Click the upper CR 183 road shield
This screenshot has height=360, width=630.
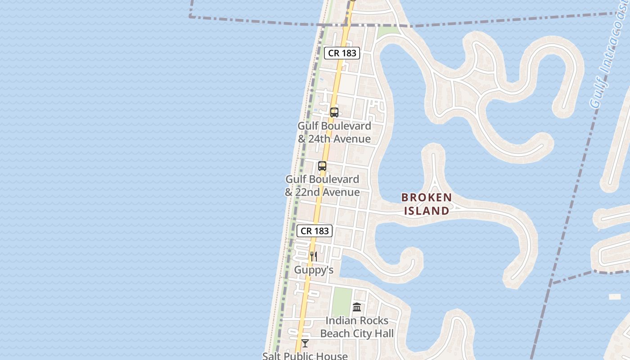(x=342, y=53)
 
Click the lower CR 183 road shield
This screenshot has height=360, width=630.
(x=315, y=231)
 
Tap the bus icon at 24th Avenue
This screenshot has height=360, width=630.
(x=334, y=112)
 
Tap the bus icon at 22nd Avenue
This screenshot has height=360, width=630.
(x=322, y=166)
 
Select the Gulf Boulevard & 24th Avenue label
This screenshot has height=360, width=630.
(x=334, y=132)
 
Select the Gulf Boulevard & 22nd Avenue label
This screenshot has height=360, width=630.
(x=322, y=186)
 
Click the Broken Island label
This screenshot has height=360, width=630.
(x=426, y=204)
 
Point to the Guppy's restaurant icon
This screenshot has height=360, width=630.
(x=314, y=256)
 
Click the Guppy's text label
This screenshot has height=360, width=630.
(x=314, y=270)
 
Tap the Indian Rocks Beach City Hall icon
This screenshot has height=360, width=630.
(x=357, y=307)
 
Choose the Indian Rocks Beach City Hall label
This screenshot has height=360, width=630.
(x=357, y=327)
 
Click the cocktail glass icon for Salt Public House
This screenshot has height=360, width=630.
(x=305, y=343)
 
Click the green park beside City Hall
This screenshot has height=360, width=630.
(x=342, y=301)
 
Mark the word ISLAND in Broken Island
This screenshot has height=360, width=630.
(x=426, y=211)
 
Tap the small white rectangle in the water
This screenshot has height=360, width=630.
(x=615, y=297)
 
